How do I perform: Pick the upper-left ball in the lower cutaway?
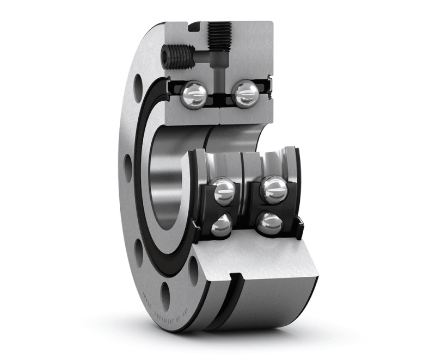pyautogui.click(x=224, y=190)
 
